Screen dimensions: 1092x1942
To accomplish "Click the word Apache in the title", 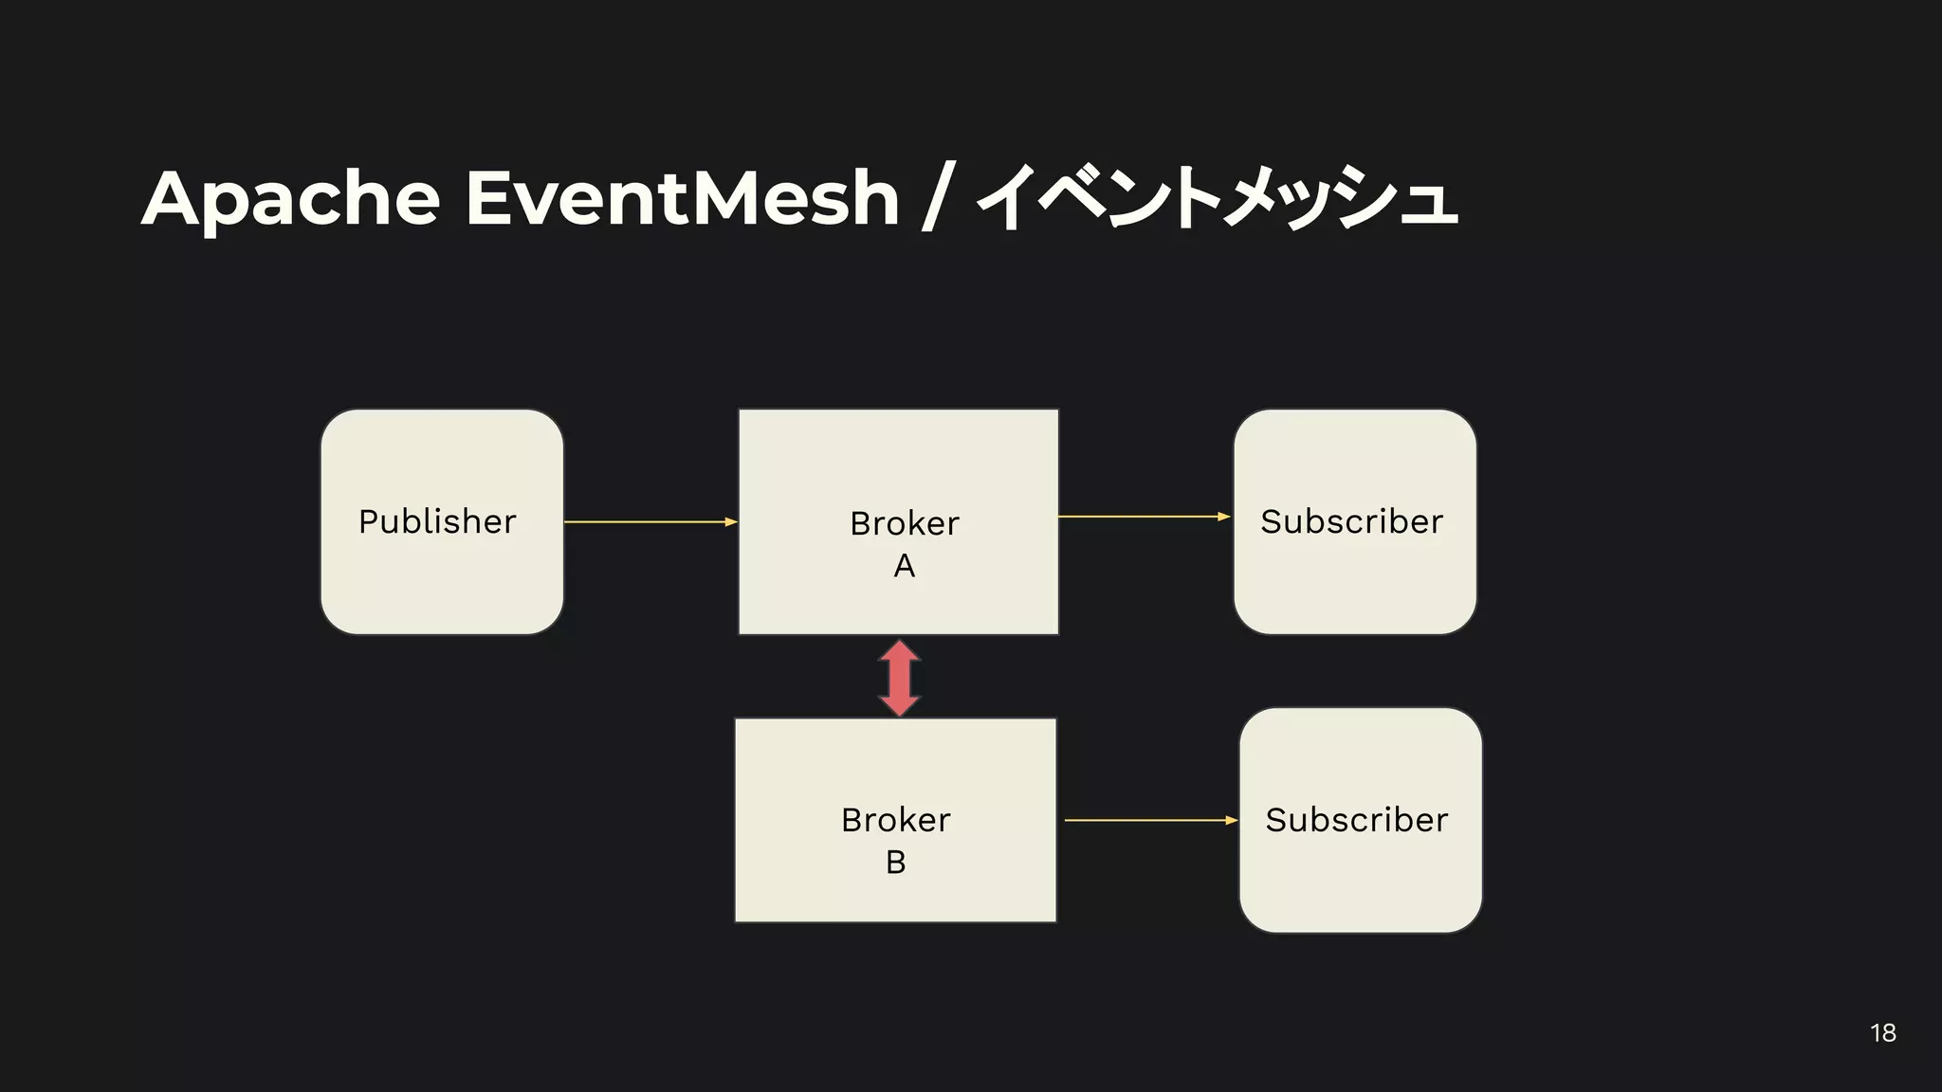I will pos(291,199).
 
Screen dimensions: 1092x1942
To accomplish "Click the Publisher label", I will pos(437,521).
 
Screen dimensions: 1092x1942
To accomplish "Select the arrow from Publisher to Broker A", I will pos(650,521).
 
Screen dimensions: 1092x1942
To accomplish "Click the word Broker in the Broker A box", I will pos(905,523).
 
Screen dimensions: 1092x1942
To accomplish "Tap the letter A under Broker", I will pos(905,566).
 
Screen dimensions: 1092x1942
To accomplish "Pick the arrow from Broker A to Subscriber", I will pos(1143,517).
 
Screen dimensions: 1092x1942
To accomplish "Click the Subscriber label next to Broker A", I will pos(1351,521).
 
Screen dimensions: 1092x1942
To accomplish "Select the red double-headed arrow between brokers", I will pos(899,678).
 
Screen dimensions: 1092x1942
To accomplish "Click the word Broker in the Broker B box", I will pos(895,820).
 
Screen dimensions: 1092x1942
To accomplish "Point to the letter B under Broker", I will pos(895,863).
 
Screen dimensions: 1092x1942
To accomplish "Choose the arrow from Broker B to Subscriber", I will pos(1150,820).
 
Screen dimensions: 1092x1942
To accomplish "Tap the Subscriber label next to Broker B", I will pos(1356,820).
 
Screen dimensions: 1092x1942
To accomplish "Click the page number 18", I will pos(1883,1033).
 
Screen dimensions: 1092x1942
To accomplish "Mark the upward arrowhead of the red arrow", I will pos(899,650).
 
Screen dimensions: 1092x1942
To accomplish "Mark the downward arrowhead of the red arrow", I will pos(899,705).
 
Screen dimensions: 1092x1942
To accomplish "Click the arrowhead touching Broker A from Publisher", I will pos(731,521).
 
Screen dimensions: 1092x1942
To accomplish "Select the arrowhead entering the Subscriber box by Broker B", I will pos(1232,820).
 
